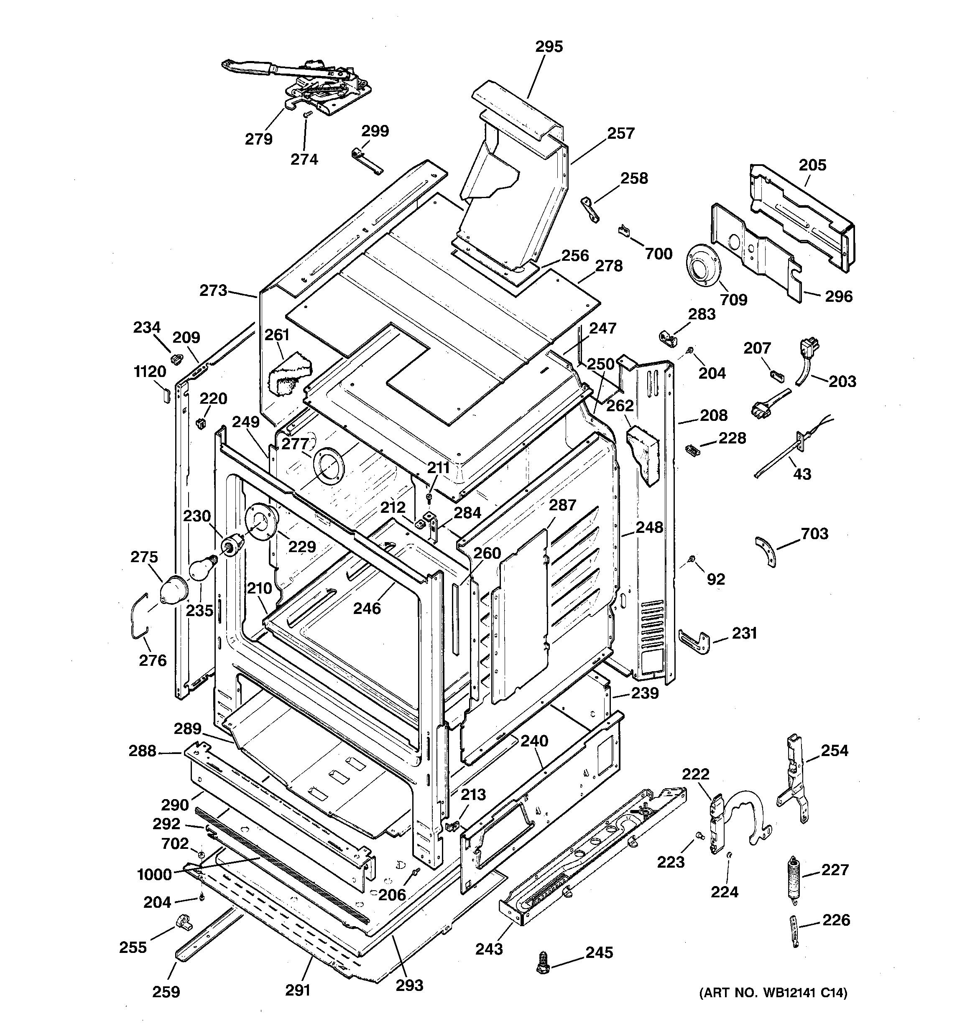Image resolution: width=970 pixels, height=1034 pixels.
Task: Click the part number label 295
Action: [549, 47]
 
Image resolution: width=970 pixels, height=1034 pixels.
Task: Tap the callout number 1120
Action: [150, 372]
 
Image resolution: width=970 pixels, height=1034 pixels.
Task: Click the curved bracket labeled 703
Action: [766, 551]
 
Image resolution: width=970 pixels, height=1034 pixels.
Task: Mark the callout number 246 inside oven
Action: [367, 608]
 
